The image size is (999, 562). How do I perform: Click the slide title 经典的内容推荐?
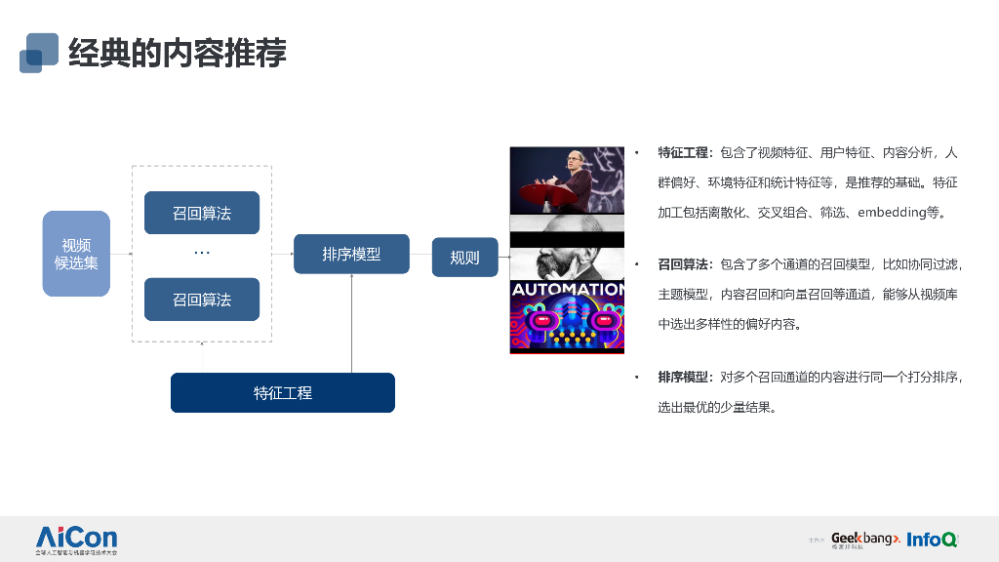pos(178,53)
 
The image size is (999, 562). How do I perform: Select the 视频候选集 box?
pos(76,254)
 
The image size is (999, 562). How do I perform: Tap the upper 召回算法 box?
pos(202,213)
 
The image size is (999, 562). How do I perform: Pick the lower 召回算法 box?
pos(202,300)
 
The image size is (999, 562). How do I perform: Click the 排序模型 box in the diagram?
pos(351,254)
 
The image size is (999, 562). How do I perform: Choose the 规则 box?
pos(464,258)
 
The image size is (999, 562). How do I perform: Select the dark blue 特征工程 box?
pos(283,392)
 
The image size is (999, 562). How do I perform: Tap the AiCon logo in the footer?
pos(76,539)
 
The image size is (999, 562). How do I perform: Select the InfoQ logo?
pos(931,539)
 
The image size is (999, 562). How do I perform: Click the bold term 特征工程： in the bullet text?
pos(687,153)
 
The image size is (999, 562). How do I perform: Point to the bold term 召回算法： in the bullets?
pos(687,264)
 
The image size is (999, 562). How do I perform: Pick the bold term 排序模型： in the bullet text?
pos(687,377)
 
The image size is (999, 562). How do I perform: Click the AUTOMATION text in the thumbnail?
pos(567,290)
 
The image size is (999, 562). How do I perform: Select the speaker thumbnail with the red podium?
pos(567,181)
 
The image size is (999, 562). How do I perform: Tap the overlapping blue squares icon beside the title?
pos(38,53)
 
